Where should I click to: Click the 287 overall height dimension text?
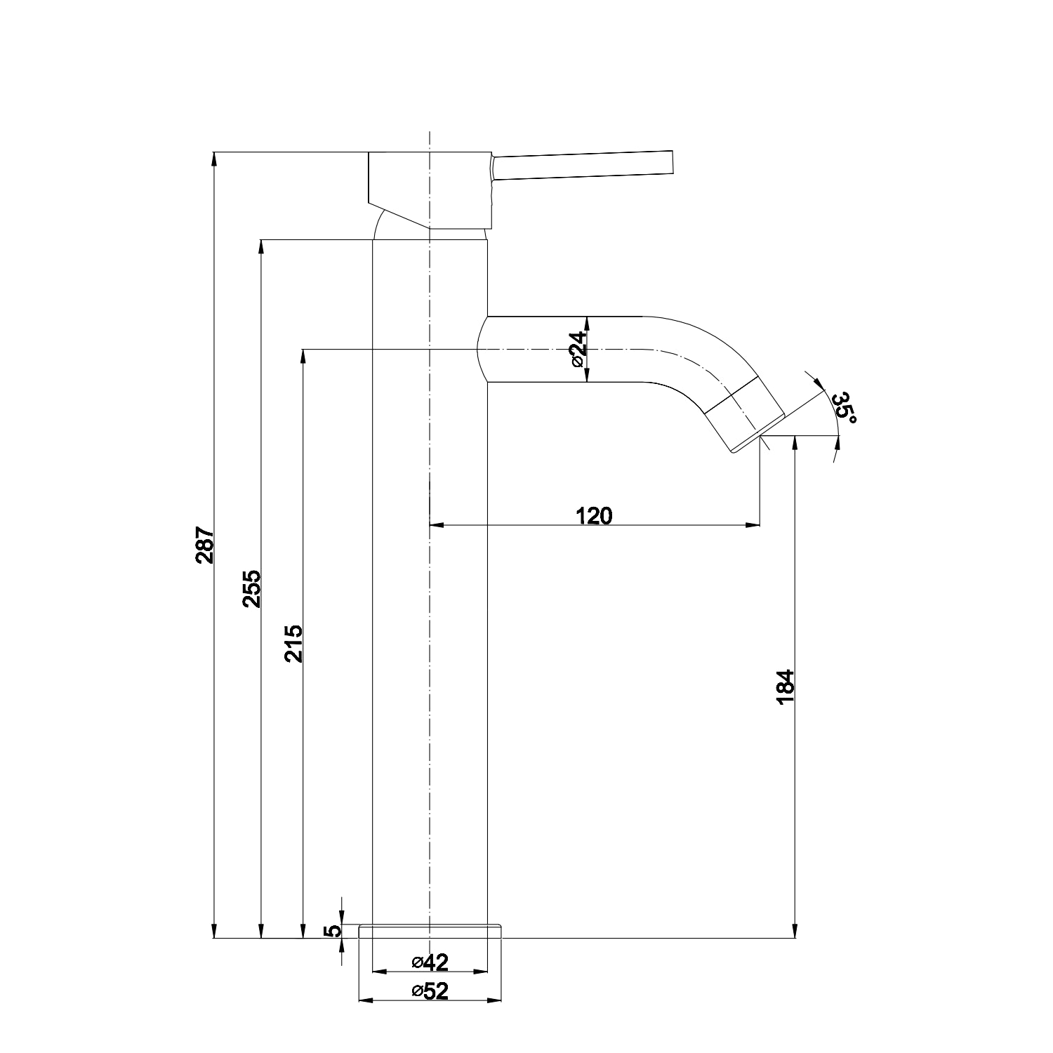click(204, 545)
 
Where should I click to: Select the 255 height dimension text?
click(251, 588)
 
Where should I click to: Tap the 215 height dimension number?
click(293, 644)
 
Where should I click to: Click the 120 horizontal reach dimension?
click(594, 515)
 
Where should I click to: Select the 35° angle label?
click(845, 408)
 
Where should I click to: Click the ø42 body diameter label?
click(430, 961)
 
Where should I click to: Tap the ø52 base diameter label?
click(430, 991)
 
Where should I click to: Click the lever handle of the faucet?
click(583, 166)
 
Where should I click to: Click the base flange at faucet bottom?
click(430, 931)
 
